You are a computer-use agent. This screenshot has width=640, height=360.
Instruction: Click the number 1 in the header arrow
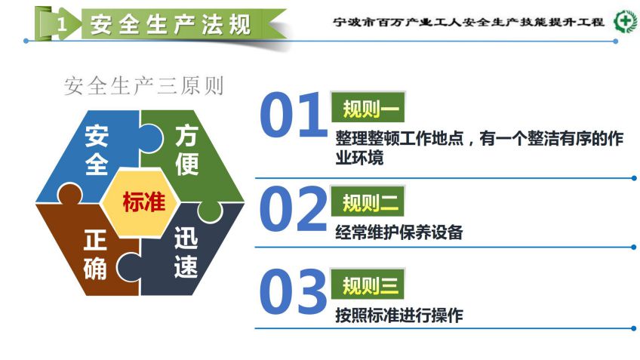[62, 24]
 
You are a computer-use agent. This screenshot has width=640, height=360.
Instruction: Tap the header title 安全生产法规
[171, 24]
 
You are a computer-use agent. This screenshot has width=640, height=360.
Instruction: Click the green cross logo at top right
[625, 21]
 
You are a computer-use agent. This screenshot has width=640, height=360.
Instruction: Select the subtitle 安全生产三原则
[144, 86]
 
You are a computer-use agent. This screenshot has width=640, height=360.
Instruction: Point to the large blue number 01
[293, 115]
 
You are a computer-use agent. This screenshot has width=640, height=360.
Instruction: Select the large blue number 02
[293, 209]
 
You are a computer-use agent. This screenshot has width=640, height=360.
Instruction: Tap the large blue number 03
[293, 291]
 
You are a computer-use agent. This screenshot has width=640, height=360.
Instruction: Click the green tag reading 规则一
[368, 107]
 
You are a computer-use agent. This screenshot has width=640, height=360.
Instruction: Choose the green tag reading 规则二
[368, 202]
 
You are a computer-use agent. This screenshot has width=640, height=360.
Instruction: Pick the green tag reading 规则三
[368, 284]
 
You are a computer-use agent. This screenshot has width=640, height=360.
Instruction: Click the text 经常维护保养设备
[399, 232]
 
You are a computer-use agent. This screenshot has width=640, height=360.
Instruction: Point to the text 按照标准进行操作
[399, 315]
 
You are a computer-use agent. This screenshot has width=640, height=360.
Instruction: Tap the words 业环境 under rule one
[359, 158]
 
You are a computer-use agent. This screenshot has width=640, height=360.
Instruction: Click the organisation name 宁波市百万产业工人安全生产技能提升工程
[469, 22]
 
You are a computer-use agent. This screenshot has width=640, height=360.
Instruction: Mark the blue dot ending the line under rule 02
[633, 248]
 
